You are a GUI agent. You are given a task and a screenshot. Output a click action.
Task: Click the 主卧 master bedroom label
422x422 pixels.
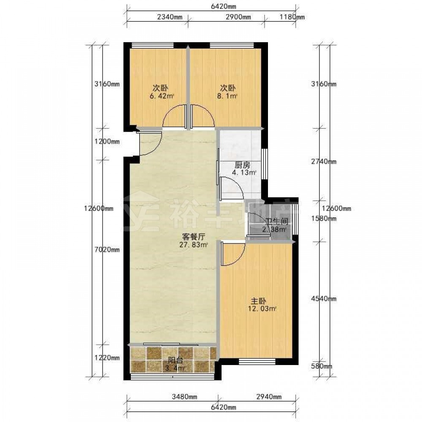pos(258,301)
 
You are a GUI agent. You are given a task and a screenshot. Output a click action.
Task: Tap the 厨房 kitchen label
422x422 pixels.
pos(242,165)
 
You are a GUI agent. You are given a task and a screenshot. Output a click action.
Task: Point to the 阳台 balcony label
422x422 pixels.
pos(176,360)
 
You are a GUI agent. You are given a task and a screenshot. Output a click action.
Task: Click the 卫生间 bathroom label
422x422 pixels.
pos(277,222)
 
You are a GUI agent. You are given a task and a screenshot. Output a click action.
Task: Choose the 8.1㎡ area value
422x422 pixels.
pos(227,96)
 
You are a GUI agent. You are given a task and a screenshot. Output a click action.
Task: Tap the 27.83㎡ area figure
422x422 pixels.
pos(194,245)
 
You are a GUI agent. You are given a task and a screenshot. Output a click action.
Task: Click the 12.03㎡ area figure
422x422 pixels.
pos(262,309)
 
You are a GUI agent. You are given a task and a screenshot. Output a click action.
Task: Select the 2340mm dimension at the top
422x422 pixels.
pos(169,17)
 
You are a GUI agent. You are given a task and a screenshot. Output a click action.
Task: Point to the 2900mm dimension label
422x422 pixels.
pos(238,17)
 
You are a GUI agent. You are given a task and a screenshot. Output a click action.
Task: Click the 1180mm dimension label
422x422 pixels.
pos(292,17)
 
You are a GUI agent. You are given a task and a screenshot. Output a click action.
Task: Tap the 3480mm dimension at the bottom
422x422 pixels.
pos(184,397)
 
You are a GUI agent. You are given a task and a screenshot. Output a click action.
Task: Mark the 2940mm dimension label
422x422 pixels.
pos(269,397)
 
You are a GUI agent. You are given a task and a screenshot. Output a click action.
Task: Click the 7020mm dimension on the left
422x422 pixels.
pos(107,250)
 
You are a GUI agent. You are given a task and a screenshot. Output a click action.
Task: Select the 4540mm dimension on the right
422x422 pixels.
pos(324,298)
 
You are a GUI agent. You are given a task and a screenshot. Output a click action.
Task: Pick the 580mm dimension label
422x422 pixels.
pos(322,366)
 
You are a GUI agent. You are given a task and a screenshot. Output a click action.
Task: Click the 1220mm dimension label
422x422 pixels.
pos(107,358)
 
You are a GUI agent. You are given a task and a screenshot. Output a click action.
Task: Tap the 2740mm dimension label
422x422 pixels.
pos(324,162)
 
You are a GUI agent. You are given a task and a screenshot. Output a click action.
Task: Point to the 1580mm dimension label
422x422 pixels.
pos(324,218)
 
